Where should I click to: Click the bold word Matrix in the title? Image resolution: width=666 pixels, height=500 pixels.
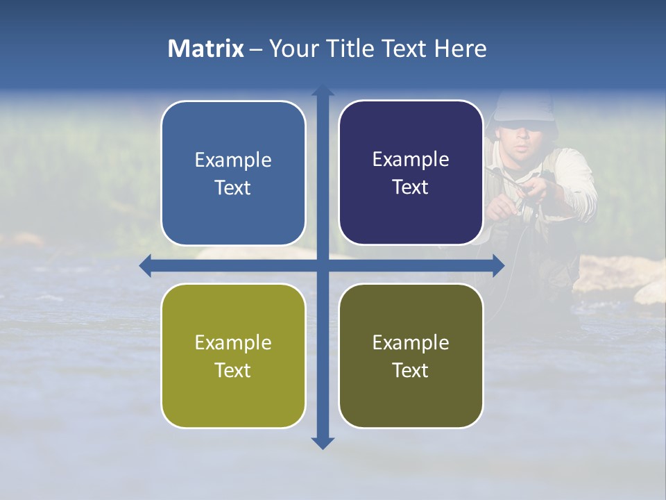click(206, 49)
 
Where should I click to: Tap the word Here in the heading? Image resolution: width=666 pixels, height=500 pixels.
click(460, 49)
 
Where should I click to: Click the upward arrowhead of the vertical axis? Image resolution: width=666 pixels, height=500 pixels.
click(323, 91)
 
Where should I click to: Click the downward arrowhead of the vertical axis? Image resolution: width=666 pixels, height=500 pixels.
click(323, 442)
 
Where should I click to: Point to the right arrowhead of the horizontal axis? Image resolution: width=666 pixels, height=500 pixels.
click(498, 265)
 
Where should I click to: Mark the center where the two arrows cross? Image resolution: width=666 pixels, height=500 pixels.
click(323, 265)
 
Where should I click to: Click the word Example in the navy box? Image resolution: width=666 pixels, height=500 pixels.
click(411, 159)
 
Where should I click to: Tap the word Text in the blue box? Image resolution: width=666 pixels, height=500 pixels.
click(233, 187)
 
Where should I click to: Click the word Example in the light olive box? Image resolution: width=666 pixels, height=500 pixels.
click(233, 342)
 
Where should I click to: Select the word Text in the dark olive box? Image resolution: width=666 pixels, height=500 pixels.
click(411, 370)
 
